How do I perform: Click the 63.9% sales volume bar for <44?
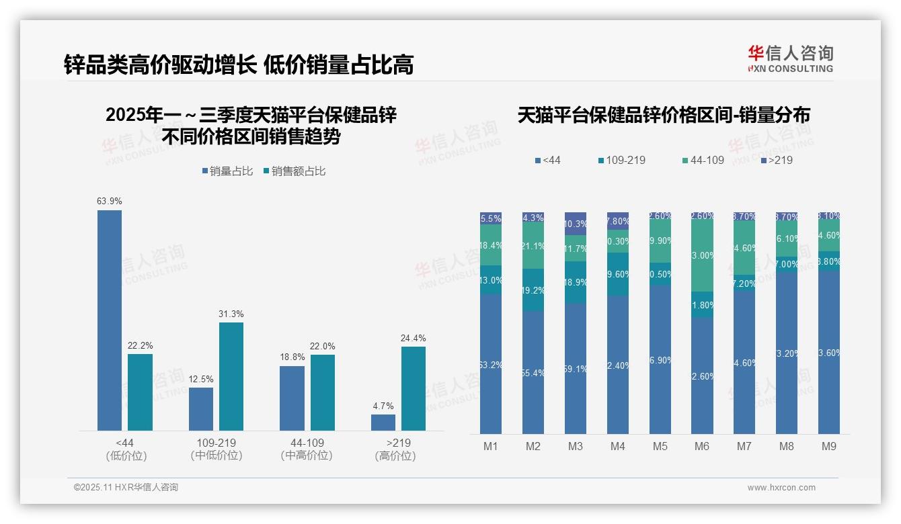110,320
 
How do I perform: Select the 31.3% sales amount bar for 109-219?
231,376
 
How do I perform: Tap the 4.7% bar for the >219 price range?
383,423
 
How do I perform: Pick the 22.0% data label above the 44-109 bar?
323,346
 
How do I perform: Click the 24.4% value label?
414,338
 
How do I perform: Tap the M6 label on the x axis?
702,447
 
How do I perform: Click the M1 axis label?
491,447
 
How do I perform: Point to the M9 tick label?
829,447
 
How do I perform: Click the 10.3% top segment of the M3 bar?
576,224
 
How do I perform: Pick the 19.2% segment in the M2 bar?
533,290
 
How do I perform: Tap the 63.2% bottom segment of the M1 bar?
491,363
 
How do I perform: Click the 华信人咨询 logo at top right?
790,58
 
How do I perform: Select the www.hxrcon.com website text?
781,488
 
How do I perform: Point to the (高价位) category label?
395,455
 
